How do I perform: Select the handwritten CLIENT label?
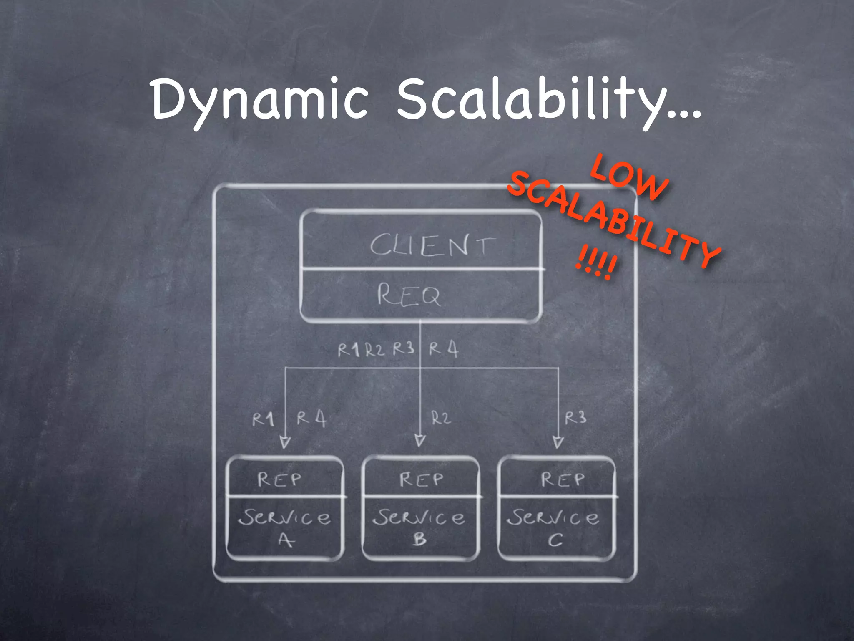click(432, 245)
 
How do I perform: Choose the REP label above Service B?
click(421, 479)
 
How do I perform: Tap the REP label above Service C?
click(563, 479)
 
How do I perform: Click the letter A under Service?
click(286, 540)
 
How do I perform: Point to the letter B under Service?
click(420, 540)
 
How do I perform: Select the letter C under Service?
click(555, 540)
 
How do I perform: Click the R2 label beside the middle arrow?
click(441, 418)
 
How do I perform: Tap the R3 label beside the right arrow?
click(575, 417)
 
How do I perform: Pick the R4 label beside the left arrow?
click(311, 419)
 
